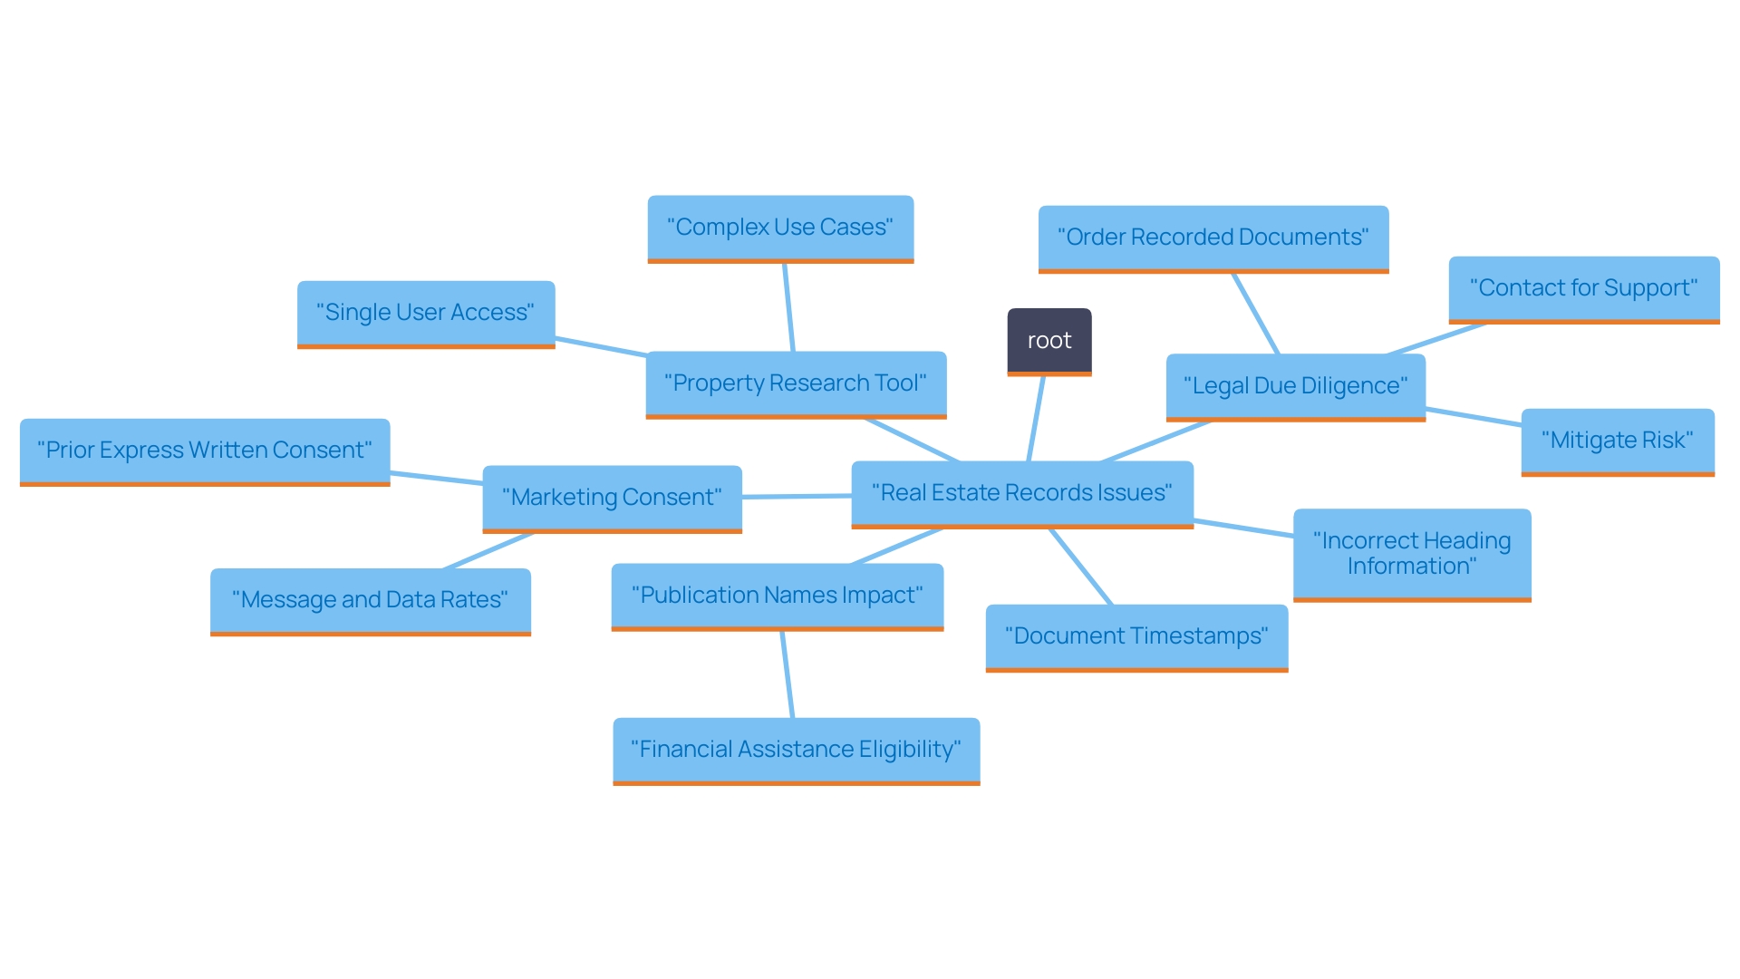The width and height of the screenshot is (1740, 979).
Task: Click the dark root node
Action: tap(1049, 341)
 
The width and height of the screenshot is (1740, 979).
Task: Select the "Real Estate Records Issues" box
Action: tap(1021, 493)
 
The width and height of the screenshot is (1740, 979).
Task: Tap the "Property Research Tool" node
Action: tap(795, 383)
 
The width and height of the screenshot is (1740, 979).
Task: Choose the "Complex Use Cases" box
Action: tap(779, 228)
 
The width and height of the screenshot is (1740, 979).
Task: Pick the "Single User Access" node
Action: tap(425, 313)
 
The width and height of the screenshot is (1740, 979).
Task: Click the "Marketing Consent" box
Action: tap(612, 498)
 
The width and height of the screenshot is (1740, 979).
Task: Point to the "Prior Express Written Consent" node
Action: tap(204, 451)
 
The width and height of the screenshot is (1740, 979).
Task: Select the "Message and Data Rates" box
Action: tap(370, 600)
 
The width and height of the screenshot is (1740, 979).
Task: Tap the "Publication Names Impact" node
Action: tap(777, 596)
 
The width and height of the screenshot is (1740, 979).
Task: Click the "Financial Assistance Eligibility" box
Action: tap(796, 750)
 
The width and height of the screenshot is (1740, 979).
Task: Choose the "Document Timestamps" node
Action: tap(1136, 636)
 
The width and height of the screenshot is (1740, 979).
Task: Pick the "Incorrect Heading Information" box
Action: tap(1411, 554)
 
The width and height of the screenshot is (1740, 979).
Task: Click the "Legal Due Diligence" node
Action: tap(1295, 386)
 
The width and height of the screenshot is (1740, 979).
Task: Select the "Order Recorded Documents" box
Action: tap(1213, 237)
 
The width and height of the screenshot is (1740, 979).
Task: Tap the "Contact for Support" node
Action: tap(1583, 288)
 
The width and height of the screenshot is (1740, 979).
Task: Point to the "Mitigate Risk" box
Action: tap(1617, 441)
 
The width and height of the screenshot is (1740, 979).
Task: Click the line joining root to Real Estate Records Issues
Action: tap(1036, 419)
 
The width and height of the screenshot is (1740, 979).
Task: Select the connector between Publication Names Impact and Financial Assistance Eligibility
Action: tap(788, 674)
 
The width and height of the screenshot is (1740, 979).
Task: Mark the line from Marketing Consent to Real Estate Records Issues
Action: tap(797, 497)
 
